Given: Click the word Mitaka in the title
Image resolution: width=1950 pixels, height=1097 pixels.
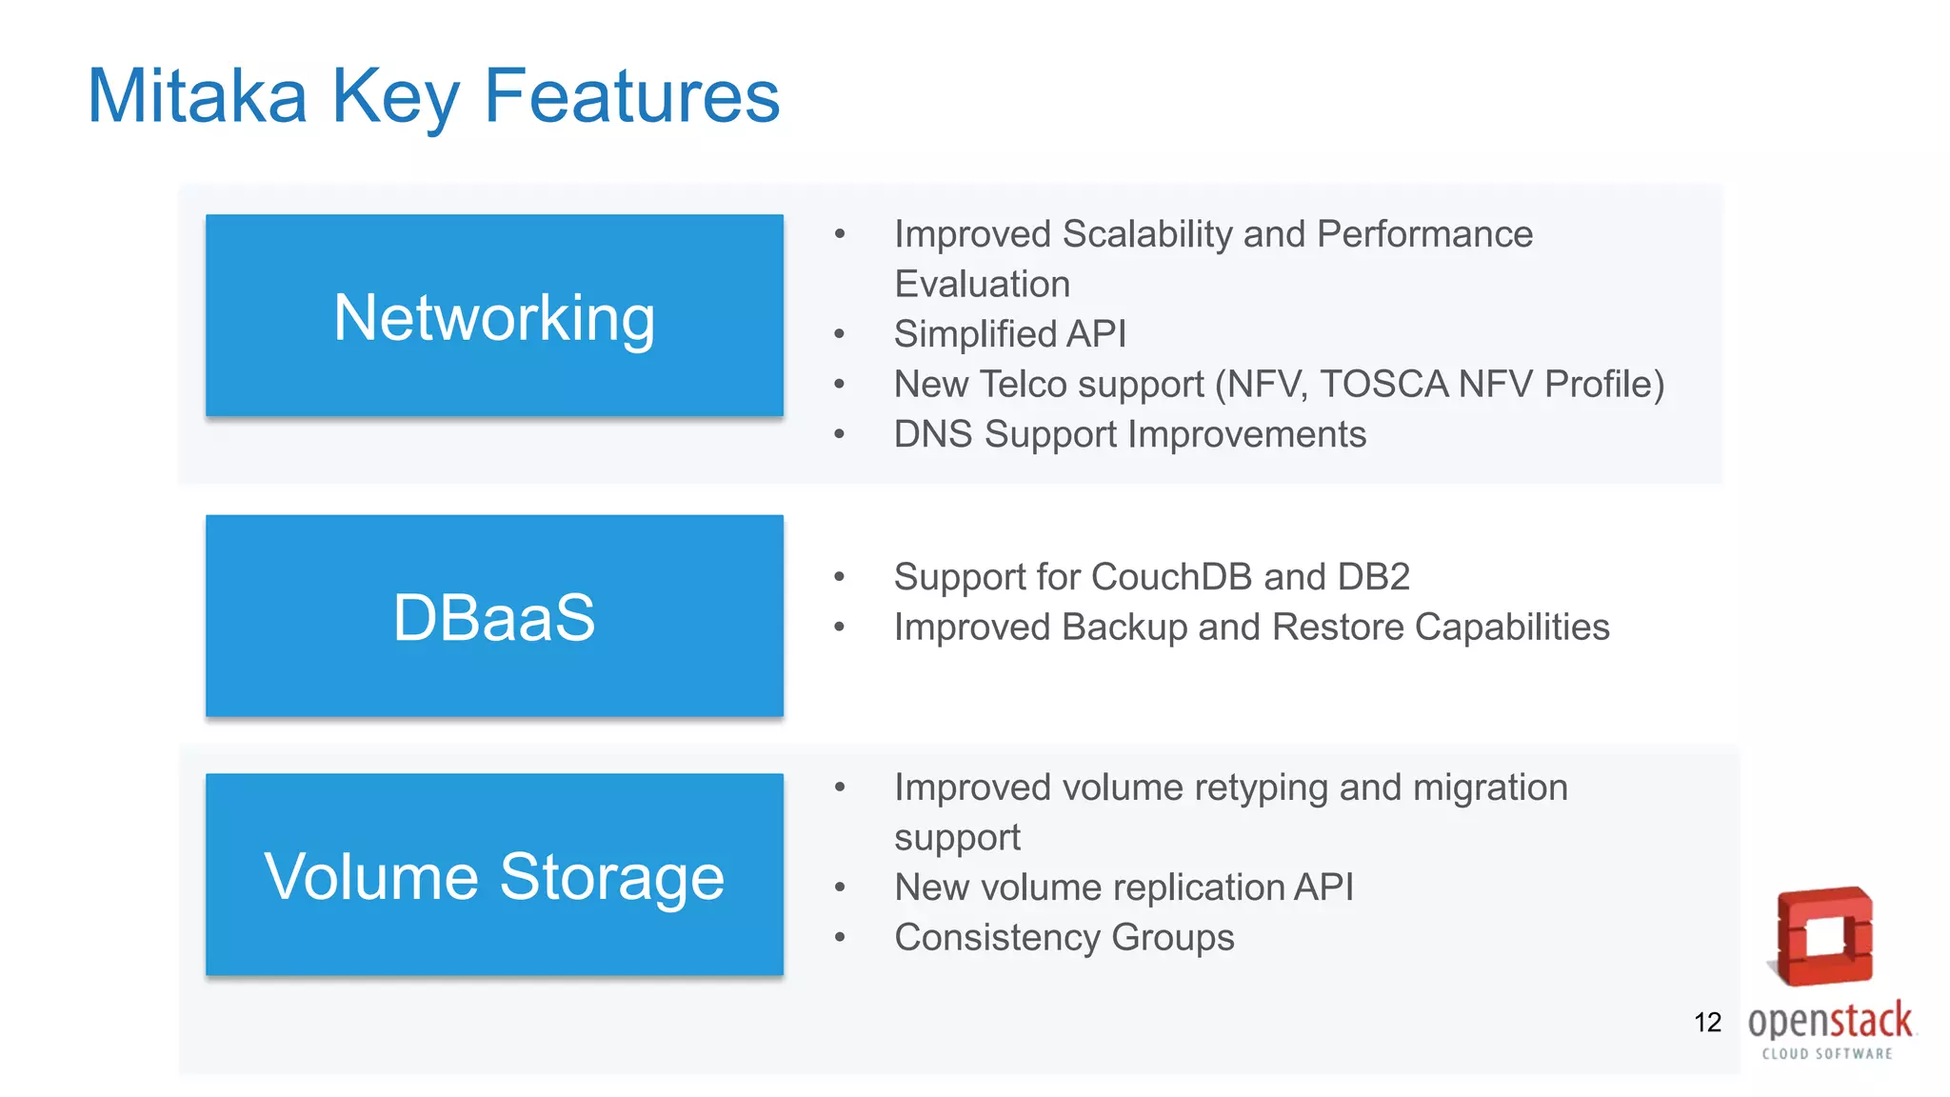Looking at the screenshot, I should click(197, 96).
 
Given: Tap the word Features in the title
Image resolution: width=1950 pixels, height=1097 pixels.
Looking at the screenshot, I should click(631, 96).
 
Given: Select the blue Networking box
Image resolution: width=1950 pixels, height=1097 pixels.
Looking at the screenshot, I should click(494, 315).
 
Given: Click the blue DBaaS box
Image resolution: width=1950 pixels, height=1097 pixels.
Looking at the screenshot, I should click(494, 616).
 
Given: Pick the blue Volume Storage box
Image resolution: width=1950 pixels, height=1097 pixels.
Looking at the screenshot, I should click(494, 874).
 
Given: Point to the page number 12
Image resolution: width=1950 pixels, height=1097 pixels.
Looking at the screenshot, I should click(1707, 1023).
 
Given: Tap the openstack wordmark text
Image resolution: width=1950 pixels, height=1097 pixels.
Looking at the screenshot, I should click(1829, 1021).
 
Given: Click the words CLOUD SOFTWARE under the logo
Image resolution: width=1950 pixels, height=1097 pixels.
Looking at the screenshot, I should click(1827, 1053).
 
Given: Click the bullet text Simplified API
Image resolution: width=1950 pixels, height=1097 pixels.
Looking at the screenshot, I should click(1009, 334).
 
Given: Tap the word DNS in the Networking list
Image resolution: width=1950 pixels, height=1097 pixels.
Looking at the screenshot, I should click(933, 434).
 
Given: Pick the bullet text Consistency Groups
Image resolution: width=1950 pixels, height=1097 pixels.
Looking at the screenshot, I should click(1064, 938).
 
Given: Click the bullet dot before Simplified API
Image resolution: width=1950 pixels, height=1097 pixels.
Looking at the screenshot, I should click(839, 334).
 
